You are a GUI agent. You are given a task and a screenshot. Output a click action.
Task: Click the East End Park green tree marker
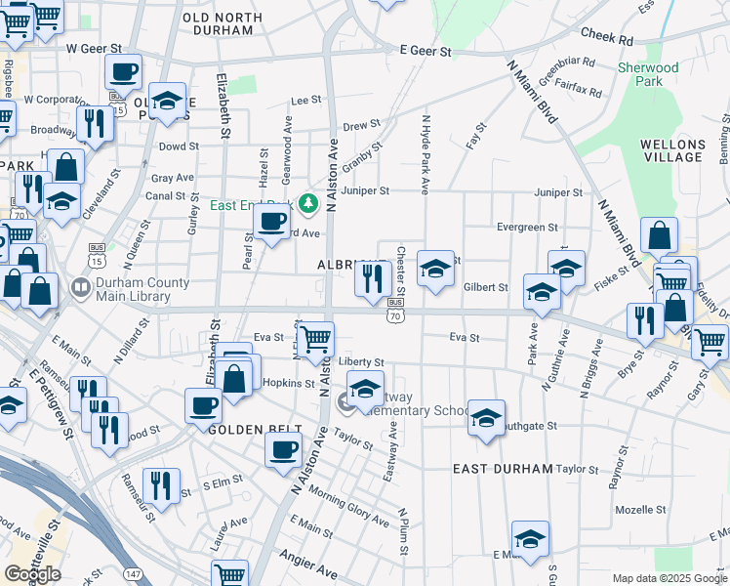[308, 203]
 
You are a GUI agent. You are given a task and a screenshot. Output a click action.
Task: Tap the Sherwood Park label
[648, 74]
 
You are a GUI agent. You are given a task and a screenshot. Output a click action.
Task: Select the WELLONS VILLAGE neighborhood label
[671, 150]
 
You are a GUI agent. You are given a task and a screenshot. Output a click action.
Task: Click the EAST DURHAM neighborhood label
[503, 469]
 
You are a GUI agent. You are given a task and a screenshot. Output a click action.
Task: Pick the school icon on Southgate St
[486, 416]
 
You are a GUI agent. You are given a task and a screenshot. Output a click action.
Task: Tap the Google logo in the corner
[32, 574]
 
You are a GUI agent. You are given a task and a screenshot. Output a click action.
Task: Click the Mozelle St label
[640, 510]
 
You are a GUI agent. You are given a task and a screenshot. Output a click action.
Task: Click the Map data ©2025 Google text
[669, 578]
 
